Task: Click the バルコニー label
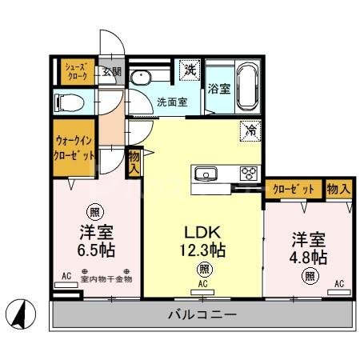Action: tap(202, 314)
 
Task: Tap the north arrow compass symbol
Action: tap(23, 311)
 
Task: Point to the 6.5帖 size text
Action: tap(96, 249)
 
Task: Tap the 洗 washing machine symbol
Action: tap(190, 70)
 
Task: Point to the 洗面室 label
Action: tap(171, 102)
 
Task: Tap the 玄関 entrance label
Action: tap(111, 71)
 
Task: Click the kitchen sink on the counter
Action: tap(206, 174)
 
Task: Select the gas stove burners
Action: tap(249, 173)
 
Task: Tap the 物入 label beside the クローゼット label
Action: tap(338, 189)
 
